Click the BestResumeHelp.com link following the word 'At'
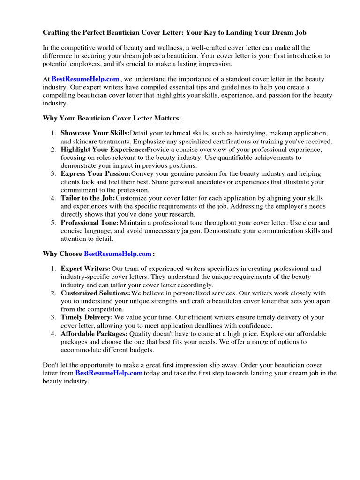85,79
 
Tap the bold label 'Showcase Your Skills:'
95,134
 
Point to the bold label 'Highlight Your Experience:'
104,150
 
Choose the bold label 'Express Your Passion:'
96,174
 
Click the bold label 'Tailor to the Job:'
88,198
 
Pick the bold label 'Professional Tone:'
90,223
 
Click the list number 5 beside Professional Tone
53,223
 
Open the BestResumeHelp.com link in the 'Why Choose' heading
118,254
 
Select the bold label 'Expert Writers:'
86,269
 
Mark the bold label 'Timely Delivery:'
87,317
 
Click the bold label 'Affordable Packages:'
94,334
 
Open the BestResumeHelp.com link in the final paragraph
109,373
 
